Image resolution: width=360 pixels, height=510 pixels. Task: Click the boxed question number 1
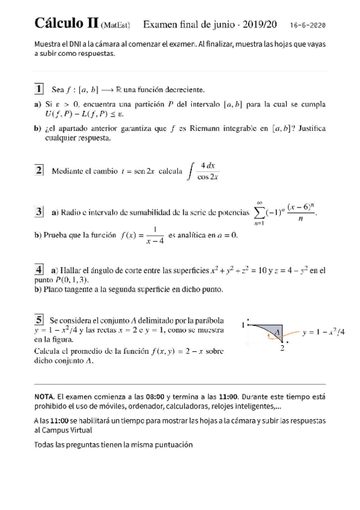(39, 90)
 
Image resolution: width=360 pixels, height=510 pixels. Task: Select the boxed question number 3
(39, 212)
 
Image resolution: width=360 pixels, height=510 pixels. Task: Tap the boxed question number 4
(39, 269)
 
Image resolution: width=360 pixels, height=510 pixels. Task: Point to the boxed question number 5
(39, 321)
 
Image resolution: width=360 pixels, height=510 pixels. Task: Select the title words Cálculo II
(67, 24)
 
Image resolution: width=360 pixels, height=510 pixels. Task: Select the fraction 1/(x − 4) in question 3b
(154, 235)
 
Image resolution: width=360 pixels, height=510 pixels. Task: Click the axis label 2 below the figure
(282, 349)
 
